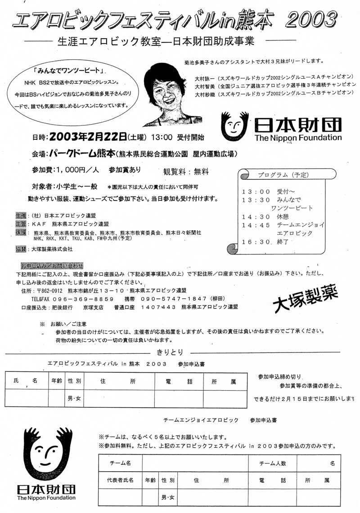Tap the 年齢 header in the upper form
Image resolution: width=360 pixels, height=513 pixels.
[57, 381]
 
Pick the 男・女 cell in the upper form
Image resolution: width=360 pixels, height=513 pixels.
[74, 398]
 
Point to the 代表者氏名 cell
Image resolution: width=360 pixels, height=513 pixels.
[120, 480]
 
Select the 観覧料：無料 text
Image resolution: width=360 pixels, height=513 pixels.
[186, 171]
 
